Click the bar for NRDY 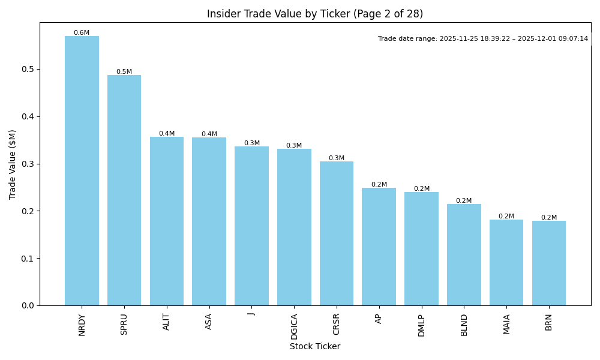(x=82, y=171)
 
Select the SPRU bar (x=124, y=190)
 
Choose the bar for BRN (x=549, y=263)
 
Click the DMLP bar (x=421, y=249)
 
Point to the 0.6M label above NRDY (x=82, y=33)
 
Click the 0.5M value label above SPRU (x=124, y=72)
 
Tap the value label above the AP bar (x=379, y=185)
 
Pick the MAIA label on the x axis (x=506, y=323)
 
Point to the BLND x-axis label (x=464, y=324)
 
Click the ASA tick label (x=209, y=321)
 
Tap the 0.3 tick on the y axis (x=28, y=164)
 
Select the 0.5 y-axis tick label (x=28, y=69)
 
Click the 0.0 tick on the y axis (x=28, y=305)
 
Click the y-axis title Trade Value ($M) (x=13, y=164)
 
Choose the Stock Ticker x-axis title (x=315, y=346)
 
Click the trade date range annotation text (x=483, y=39)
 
